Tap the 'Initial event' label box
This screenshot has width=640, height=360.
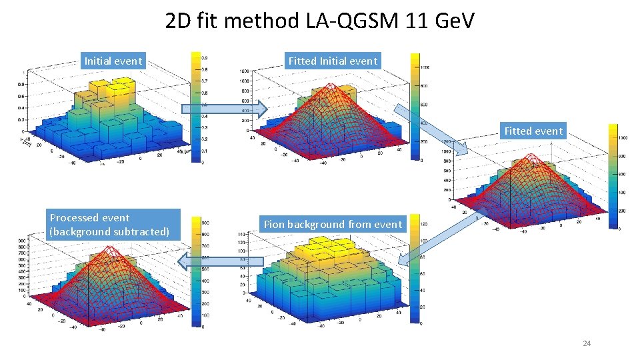113,61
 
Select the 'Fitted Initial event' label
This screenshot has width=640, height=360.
333,61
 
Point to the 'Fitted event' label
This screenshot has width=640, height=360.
533,131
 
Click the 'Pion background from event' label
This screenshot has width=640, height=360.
333,225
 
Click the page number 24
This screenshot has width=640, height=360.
587,343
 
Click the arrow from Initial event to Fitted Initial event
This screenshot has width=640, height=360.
225,108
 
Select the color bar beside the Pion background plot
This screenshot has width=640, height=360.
415,271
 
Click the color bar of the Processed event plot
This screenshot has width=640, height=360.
197,272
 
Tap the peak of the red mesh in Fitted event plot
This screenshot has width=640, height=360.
533,157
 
